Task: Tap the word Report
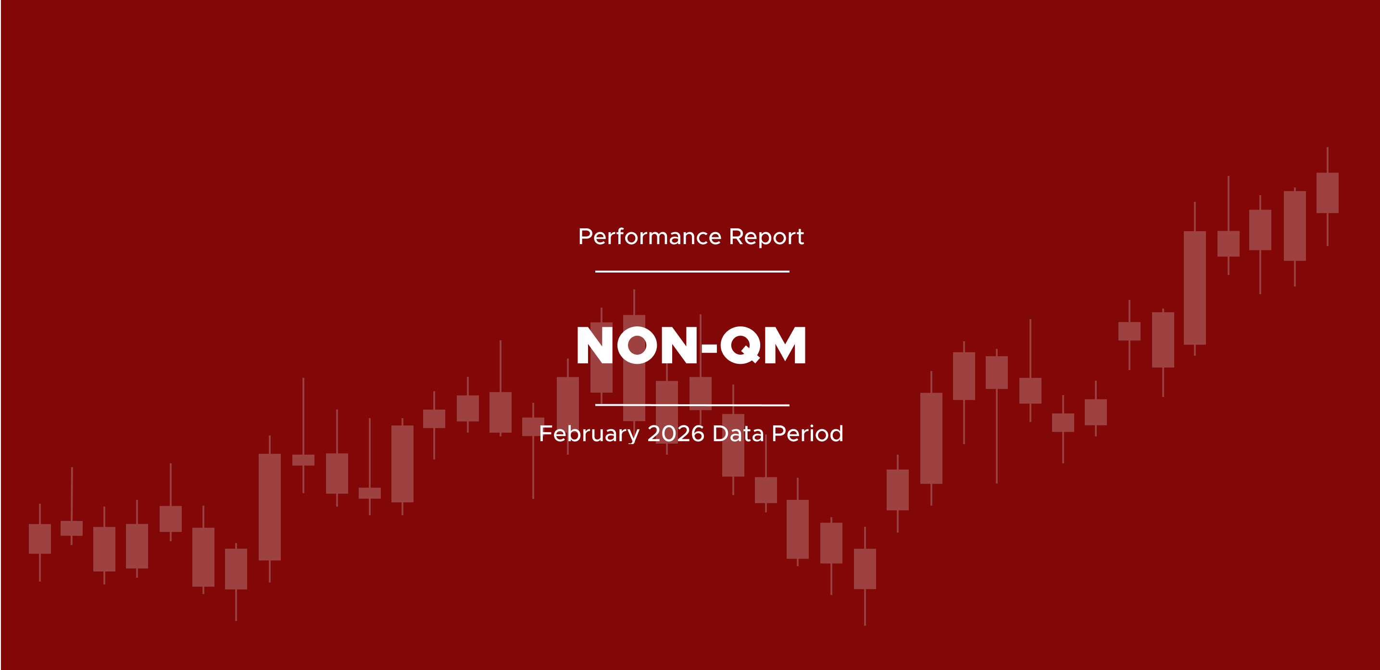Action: pyautogui.click(x=766, y=237)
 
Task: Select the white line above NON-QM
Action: pyautogui.click(x=692, y=272)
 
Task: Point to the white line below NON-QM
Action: pyautogui.click(x=692, y=405)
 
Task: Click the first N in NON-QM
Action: pyautogui.click(x=595, y=346)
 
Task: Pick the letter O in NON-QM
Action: pyautogui.click(x=637, y=346)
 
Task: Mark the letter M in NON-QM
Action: pyautogui.click(x=785, y=346)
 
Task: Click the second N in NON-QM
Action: pyautogui.click(x=680, y=346)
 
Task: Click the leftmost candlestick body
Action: pyautogui.click(x=39, y=538)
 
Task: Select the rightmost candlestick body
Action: pyautogui.click(x=1328, y=193)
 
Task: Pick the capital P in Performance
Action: pyautogui.click(x=586, y=237)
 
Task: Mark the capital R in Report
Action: pyautogui.click(x=737, y=237)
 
